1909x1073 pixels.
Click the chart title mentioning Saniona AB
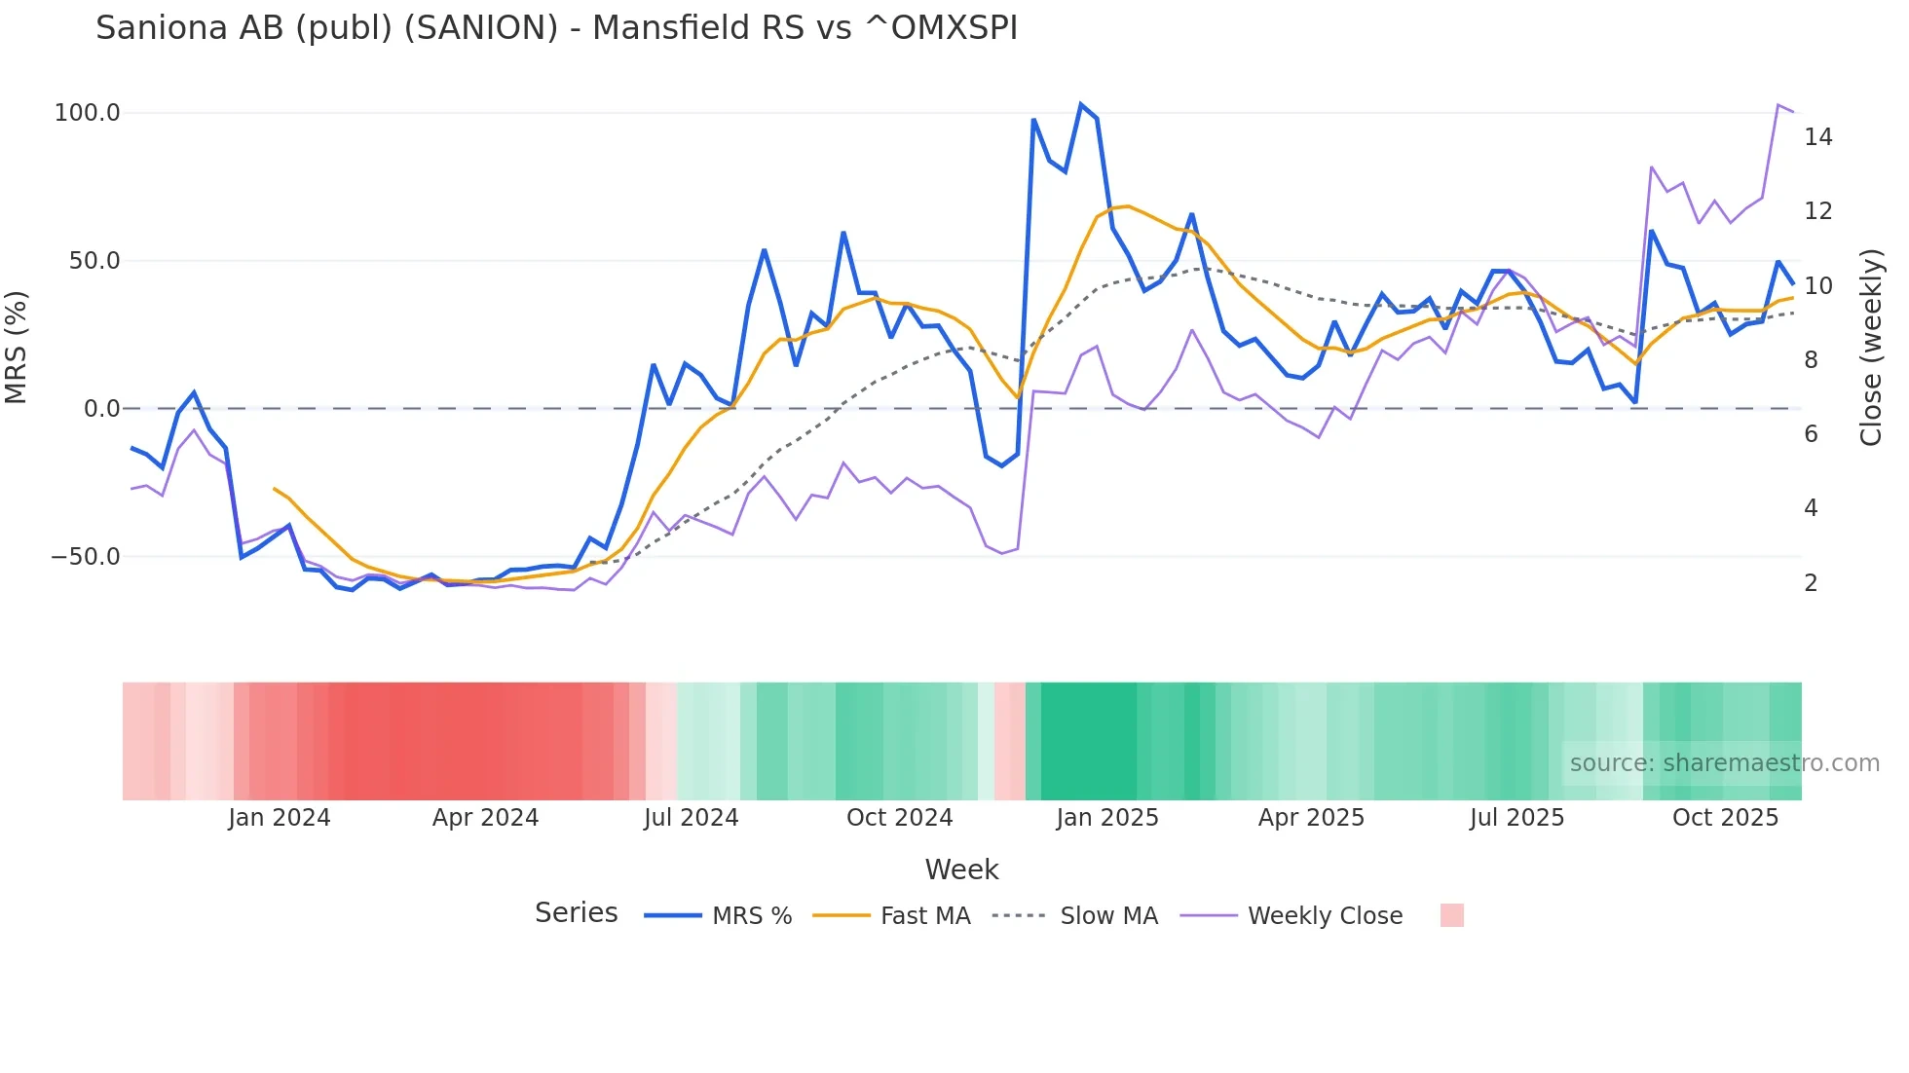pos(556,28)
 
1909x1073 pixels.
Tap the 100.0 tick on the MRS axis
pos(87,113)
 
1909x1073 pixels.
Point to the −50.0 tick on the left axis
pos(86,557)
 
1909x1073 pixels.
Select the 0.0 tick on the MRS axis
pos(101,409)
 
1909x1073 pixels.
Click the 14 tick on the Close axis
pos(1817,137)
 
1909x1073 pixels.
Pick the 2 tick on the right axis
pos(1811,583)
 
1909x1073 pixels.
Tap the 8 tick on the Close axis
pos(1811,360)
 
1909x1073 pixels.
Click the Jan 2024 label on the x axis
pos(280,818)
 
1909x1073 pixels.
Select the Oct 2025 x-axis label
pos(1725,818)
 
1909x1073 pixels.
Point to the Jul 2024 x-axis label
pos(691,818)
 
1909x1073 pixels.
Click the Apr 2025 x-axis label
pos(1311,818)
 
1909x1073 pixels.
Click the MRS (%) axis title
pos(17,347)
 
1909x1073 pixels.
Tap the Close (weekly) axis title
pos(1871,347)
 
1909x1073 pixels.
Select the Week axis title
pos(961,869)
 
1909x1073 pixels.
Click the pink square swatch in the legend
pos(1451,915)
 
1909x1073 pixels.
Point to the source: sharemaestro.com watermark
pos(1724,763)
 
